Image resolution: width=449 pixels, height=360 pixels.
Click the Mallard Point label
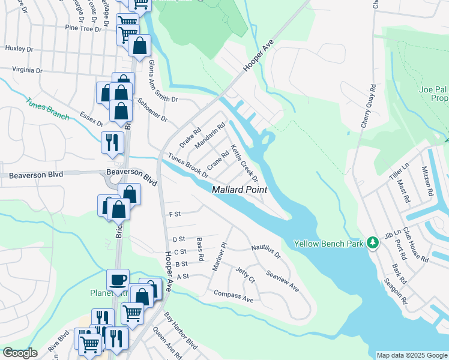[240, 190]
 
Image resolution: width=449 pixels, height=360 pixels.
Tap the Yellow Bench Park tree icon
[373, 244]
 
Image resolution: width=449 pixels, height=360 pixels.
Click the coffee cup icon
[118, 279]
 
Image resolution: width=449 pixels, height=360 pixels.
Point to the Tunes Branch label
[47, 109]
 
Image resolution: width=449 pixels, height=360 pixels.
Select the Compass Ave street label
[234, 296]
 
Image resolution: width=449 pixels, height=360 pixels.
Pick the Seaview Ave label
[282, 280]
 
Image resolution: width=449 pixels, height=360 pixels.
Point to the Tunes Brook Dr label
[188, 166]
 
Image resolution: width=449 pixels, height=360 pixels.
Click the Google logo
[20, 353]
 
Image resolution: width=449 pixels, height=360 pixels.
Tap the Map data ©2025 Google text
[411, 355]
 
